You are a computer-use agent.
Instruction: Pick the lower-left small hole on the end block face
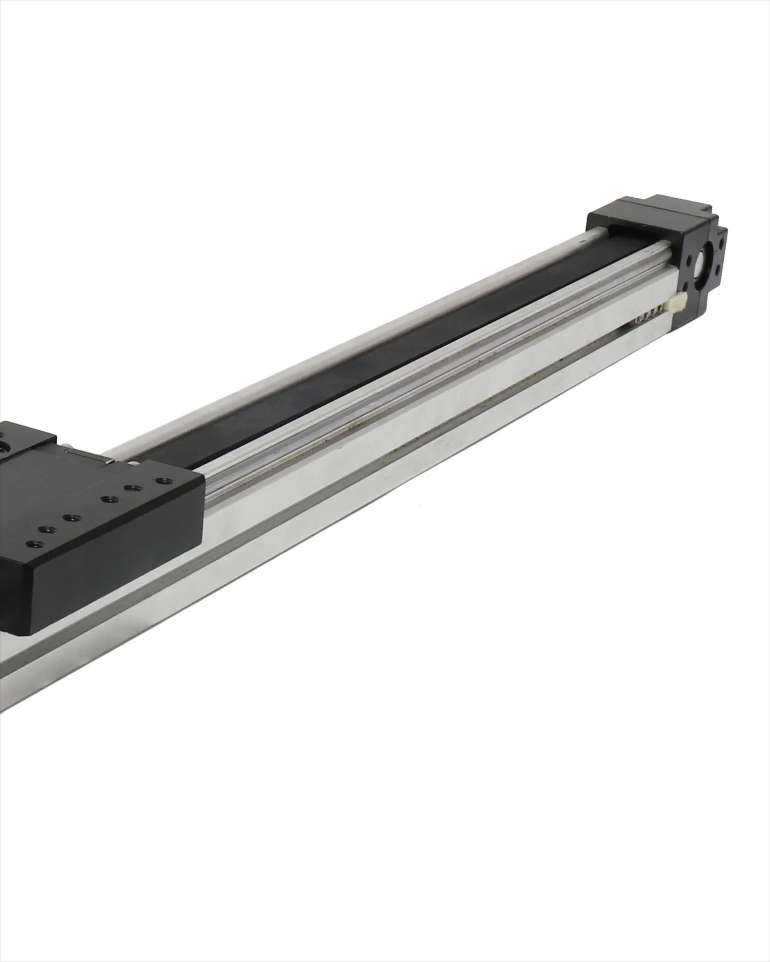point(685,286)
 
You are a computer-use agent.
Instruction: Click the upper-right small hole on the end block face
point(721,244)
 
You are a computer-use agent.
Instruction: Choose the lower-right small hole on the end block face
point(718,270)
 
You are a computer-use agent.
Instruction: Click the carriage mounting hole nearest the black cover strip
point(164,481)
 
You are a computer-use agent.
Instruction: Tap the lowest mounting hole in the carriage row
point(35,544)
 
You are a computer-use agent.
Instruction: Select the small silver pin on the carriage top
point(110,462)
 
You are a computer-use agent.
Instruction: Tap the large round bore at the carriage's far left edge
point(4,448)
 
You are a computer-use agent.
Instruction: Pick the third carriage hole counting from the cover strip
point(110,500)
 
